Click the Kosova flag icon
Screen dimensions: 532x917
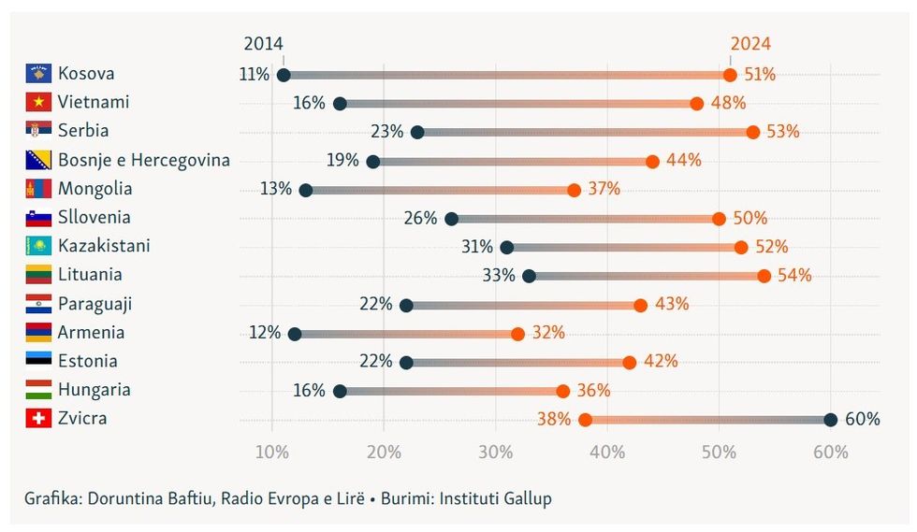point(38,73)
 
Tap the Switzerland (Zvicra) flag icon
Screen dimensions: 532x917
point(38,419)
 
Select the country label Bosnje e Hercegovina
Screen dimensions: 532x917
point(144,160)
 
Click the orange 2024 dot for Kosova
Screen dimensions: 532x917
point(730,75)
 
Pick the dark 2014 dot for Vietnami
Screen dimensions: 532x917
point(340,104)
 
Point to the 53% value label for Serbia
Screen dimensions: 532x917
point(783,132)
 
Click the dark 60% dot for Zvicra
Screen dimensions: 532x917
point(830,420)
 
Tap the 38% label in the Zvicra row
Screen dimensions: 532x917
point(554,420)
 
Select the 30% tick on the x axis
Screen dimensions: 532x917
point(495,453)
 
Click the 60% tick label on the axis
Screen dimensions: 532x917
point(830,453)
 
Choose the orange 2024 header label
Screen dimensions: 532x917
point(750,44)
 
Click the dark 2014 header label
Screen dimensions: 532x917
point(264,44)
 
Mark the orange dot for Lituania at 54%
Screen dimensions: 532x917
point(764,276)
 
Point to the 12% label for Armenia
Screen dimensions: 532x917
point(265,333)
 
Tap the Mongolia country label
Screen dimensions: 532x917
point(95,189)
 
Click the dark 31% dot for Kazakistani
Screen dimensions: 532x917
point(507,248)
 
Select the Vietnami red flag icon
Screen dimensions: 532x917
point(38,102)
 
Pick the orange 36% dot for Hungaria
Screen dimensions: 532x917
point(562,391)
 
